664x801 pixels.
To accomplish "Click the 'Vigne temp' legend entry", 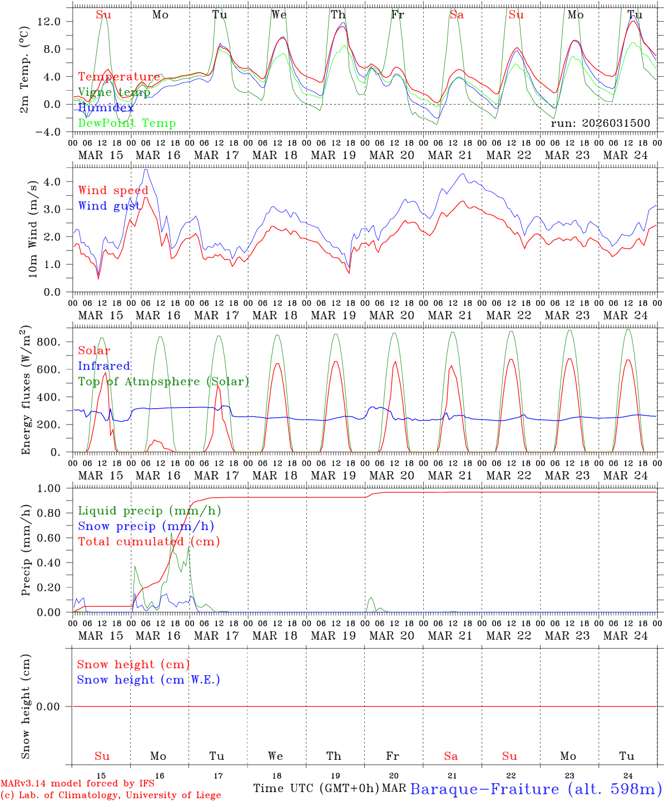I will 114,92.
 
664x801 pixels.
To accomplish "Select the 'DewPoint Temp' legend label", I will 127,123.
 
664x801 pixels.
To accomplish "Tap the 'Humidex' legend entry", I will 106,108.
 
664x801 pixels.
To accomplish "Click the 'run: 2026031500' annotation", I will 600,123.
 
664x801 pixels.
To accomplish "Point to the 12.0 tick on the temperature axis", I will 53,22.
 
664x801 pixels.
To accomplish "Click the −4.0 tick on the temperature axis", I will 53,132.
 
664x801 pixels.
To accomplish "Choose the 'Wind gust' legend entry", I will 109,206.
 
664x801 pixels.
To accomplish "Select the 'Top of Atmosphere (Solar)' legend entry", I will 163,382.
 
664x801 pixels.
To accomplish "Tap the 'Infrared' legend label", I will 104,366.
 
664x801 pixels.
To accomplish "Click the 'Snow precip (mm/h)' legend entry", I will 146,526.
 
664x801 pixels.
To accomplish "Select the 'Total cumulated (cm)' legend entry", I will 148,542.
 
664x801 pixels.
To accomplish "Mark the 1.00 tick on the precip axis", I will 53,489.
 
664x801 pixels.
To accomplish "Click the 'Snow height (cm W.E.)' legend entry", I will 148,680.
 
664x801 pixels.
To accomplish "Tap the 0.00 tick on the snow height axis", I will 53,707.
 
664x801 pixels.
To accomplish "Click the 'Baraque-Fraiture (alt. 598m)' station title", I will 536,789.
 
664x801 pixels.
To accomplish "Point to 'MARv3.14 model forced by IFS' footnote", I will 77,784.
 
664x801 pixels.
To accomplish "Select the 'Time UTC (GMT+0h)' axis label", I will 316,788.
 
